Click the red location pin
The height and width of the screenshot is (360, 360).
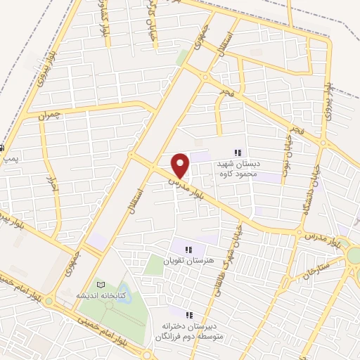181,165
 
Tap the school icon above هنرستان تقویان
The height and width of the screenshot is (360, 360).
188,248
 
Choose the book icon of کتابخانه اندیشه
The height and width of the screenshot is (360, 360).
101,284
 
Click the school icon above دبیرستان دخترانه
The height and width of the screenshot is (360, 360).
189,314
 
